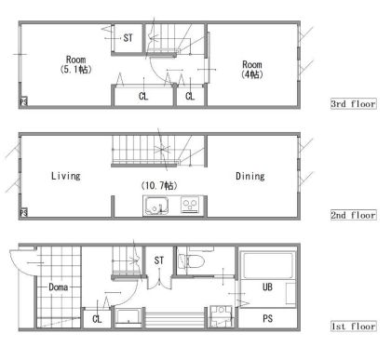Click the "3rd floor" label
[x=354, y=103]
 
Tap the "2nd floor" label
[x=354, y=215]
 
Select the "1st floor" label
[x=354, y=327]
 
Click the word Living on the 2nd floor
[x=66, y=176]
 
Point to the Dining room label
[x=250, y=176]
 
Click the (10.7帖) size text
[x=159, y=185]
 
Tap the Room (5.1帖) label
[x=76, y=64]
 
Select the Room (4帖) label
[x=252, y=70]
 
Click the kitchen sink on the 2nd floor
[x=156, y=206]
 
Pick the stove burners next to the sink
[x=190, y=205]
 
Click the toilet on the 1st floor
[x=190, y=260]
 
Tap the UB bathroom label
[x=267, y=287]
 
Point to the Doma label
[x=59, y=287]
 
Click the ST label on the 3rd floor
[x=128, y=38]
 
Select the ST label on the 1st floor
[x=159, y=260]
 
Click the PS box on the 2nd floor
[x=23, y=212]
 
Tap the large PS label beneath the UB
[x=267, y=318]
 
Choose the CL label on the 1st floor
[x=97, y=318]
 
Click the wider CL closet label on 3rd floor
[x=143, y=96]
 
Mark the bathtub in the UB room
[x=268, y=266]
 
